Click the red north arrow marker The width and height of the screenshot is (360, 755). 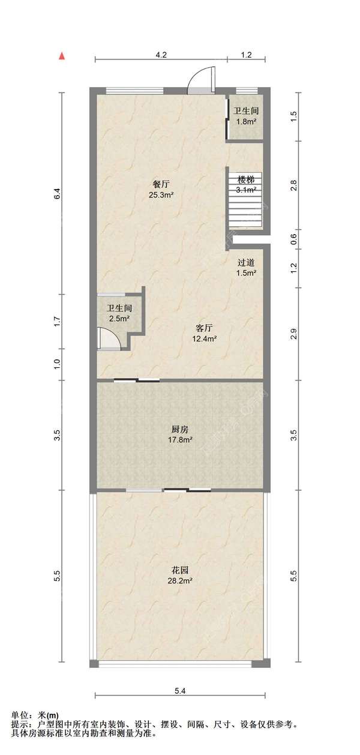(61, 56)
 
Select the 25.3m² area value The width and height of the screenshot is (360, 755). (161, 195)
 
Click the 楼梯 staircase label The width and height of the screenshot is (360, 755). (246, 180)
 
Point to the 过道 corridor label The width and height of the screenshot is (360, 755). (246, 262)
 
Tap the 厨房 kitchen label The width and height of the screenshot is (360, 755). (180, 430)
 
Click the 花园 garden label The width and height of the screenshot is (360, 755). (180, 570)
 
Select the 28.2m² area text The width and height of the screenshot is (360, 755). (180, 580)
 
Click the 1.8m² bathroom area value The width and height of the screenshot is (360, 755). (246, 122)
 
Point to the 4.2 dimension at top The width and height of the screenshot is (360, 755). (161, 55)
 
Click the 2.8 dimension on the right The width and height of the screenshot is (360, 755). (293, 185)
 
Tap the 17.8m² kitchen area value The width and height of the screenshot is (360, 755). (180, 440)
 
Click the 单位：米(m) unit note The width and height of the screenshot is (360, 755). (35, 715)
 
